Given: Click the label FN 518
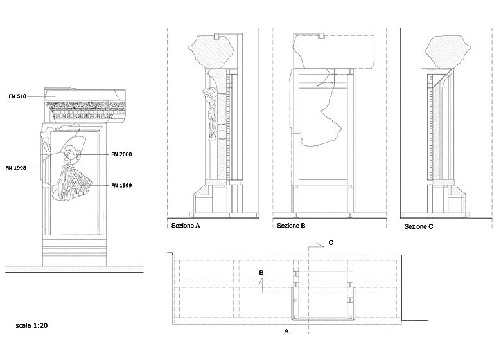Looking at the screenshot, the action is point(17,96).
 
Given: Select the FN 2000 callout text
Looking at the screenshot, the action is point(121,154).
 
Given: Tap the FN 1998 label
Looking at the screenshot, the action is point(15,168).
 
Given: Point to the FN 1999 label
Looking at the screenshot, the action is point(121,185).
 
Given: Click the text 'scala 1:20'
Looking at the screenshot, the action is point(31,325).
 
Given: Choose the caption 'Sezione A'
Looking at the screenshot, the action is point(186,226).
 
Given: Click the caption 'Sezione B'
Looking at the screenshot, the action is point(291,226).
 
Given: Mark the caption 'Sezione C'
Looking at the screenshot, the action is point(419,227).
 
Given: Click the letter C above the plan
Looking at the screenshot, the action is point(331,242).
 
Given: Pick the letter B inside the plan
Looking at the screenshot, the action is point(261,273).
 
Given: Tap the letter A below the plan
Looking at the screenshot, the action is point(286,332).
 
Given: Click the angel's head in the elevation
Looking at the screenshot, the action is point(70,152).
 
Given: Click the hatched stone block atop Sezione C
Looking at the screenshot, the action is point(447,52).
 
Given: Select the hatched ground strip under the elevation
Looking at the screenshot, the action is point(74,269).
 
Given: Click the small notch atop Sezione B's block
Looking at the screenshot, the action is point(322,37).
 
